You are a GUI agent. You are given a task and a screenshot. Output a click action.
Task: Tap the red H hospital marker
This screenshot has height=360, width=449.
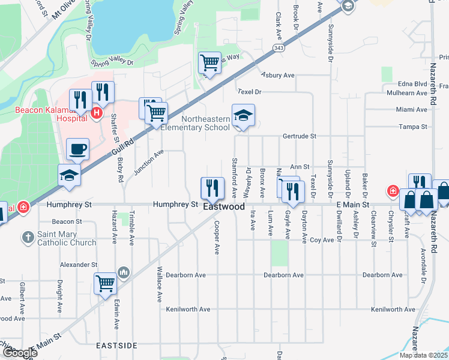96,112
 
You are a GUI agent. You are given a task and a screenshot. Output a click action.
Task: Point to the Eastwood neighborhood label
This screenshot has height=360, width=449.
224,206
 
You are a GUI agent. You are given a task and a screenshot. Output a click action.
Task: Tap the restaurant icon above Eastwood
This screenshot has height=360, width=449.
212,187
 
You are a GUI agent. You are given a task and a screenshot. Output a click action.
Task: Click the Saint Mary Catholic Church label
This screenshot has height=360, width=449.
66,239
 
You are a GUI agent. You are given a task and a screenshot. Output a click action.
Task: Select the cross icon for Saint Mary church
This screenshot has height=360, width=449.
27,238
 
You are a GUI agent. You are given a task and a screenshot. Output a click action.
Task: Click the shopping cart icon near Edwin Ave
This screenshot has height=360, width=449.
106,283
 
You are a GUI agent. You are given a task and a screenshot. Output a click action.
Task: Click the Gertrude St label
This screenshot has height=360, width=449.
300,136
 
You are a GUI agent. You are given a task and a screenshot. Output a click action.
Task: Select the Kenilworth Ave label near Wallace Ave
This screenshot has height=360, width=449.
188,309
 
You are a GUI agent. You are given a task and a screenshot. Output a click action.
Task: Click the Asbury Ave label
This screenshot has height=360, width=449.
278,76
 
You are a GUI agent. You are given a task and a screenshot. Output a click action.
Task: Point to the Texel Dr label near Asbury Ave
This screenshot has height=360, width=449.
250,92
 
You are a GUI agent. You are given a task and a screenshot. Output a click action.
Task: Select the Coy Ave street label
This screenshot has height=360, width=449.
322,240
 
